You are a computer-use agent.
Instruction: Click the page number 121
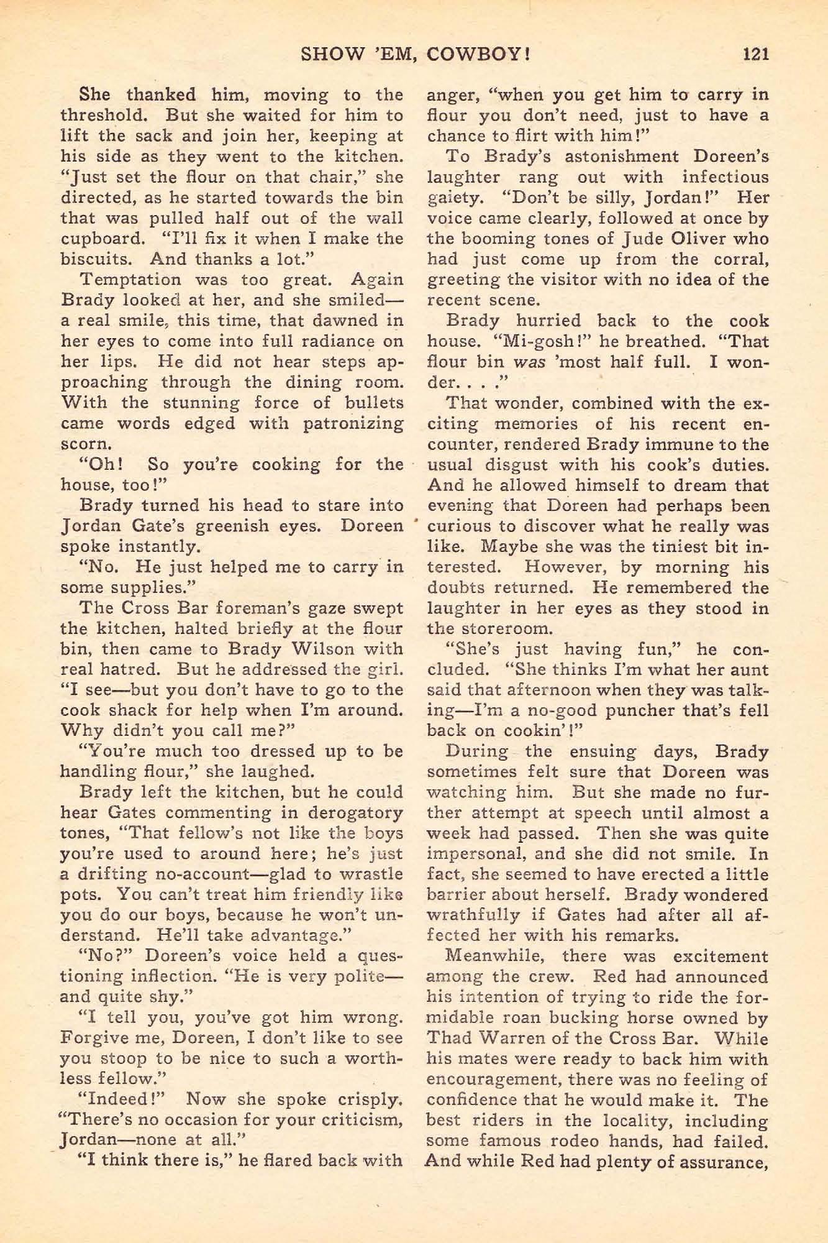755,54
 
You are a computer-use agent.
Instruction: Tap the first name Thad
450,1039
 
